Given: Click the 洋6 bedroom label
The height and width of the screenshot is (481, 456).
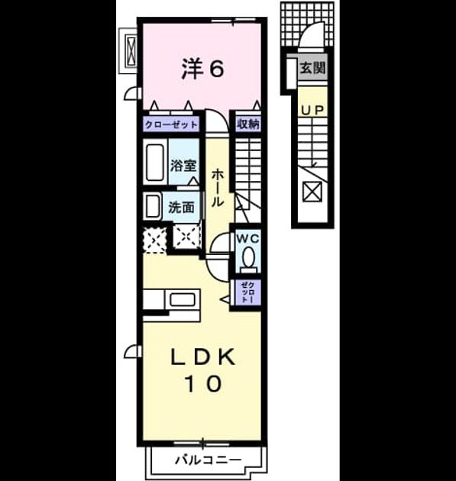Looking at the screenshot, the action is click(x=203, y=68).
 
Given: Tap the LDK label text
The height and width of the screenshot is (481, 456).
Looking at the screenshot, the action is click(x=203, y=357).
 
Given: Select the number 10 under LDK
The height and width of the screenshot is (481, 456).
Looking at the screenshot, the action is click(x=203, y=384).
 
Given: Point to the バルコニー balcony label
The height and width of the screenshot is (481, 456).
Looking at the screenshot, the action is click(x=209, y=460).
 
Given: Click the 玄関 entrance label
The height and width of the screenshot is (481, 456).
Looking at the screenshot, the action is click(x=312, y=68).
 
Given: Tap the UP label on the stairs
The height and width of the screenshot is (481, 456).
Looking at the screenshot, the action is click(x=312, y=111).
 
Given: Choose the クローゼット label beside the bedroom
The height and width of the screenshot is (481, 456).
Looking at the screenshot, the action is click(x=171, y=125).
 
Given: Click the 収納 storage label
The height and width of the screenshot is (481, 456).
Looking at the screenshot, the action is click(x=248, y=124).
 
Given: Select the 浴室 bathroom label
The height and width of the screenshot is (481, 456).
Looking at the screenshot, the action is click(x=183, y=166).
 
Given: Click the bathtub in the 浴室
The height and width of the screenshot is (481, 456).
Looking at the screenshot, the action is click(x=154, y=163).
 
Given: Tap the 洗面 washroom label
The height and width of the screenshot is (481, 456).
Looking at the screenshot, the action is click(x=181, y=208).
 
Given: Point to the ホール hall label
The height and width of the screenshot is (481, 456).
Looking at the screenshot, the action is click(x=217, y=188).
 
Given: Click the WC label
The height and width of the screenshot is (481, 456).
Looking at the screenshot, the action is click(x=247, y=239).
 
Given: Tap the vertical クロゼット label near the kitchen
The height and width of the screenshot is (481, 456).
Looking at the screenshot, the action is click(x=247, y=292).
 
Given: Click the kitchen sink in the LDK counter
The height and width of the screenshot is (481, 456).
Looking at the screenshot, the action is click(x=183, y=299).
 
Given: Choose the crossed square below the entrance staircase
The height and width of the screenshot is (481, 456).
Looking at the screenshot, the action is click(x=312, y=192).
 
